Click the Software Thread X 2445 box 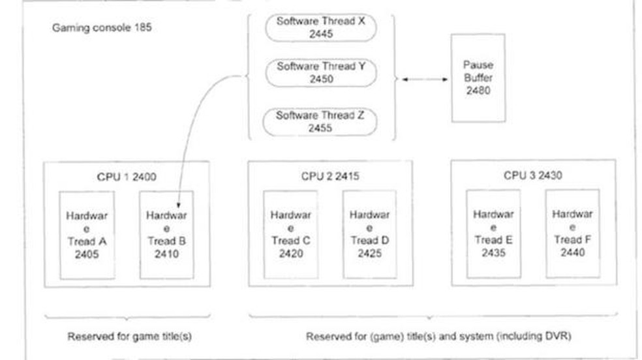[x=320, y=27]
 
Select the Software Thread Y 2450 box [x=320, y=72]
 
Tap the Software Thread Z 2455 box [x=320, y=121]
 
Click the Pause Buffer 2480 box [x=478, y=78]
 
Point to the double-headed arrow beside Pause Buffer [x=423, y=79]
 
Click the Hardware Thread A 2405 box [x=86, y=235]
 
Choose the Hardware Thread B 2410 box [x=166, y=235]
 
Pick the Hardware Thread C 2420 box [x=290, y=235]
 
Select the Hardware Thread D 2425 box [x=369, y=235]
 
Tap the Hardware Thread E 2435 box [x=493, y=235]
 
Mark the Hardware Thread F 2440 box [x=572, y=235]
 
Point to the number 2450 [x=321, y=80]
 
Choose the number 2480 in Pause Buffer [x=478, y=91]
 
